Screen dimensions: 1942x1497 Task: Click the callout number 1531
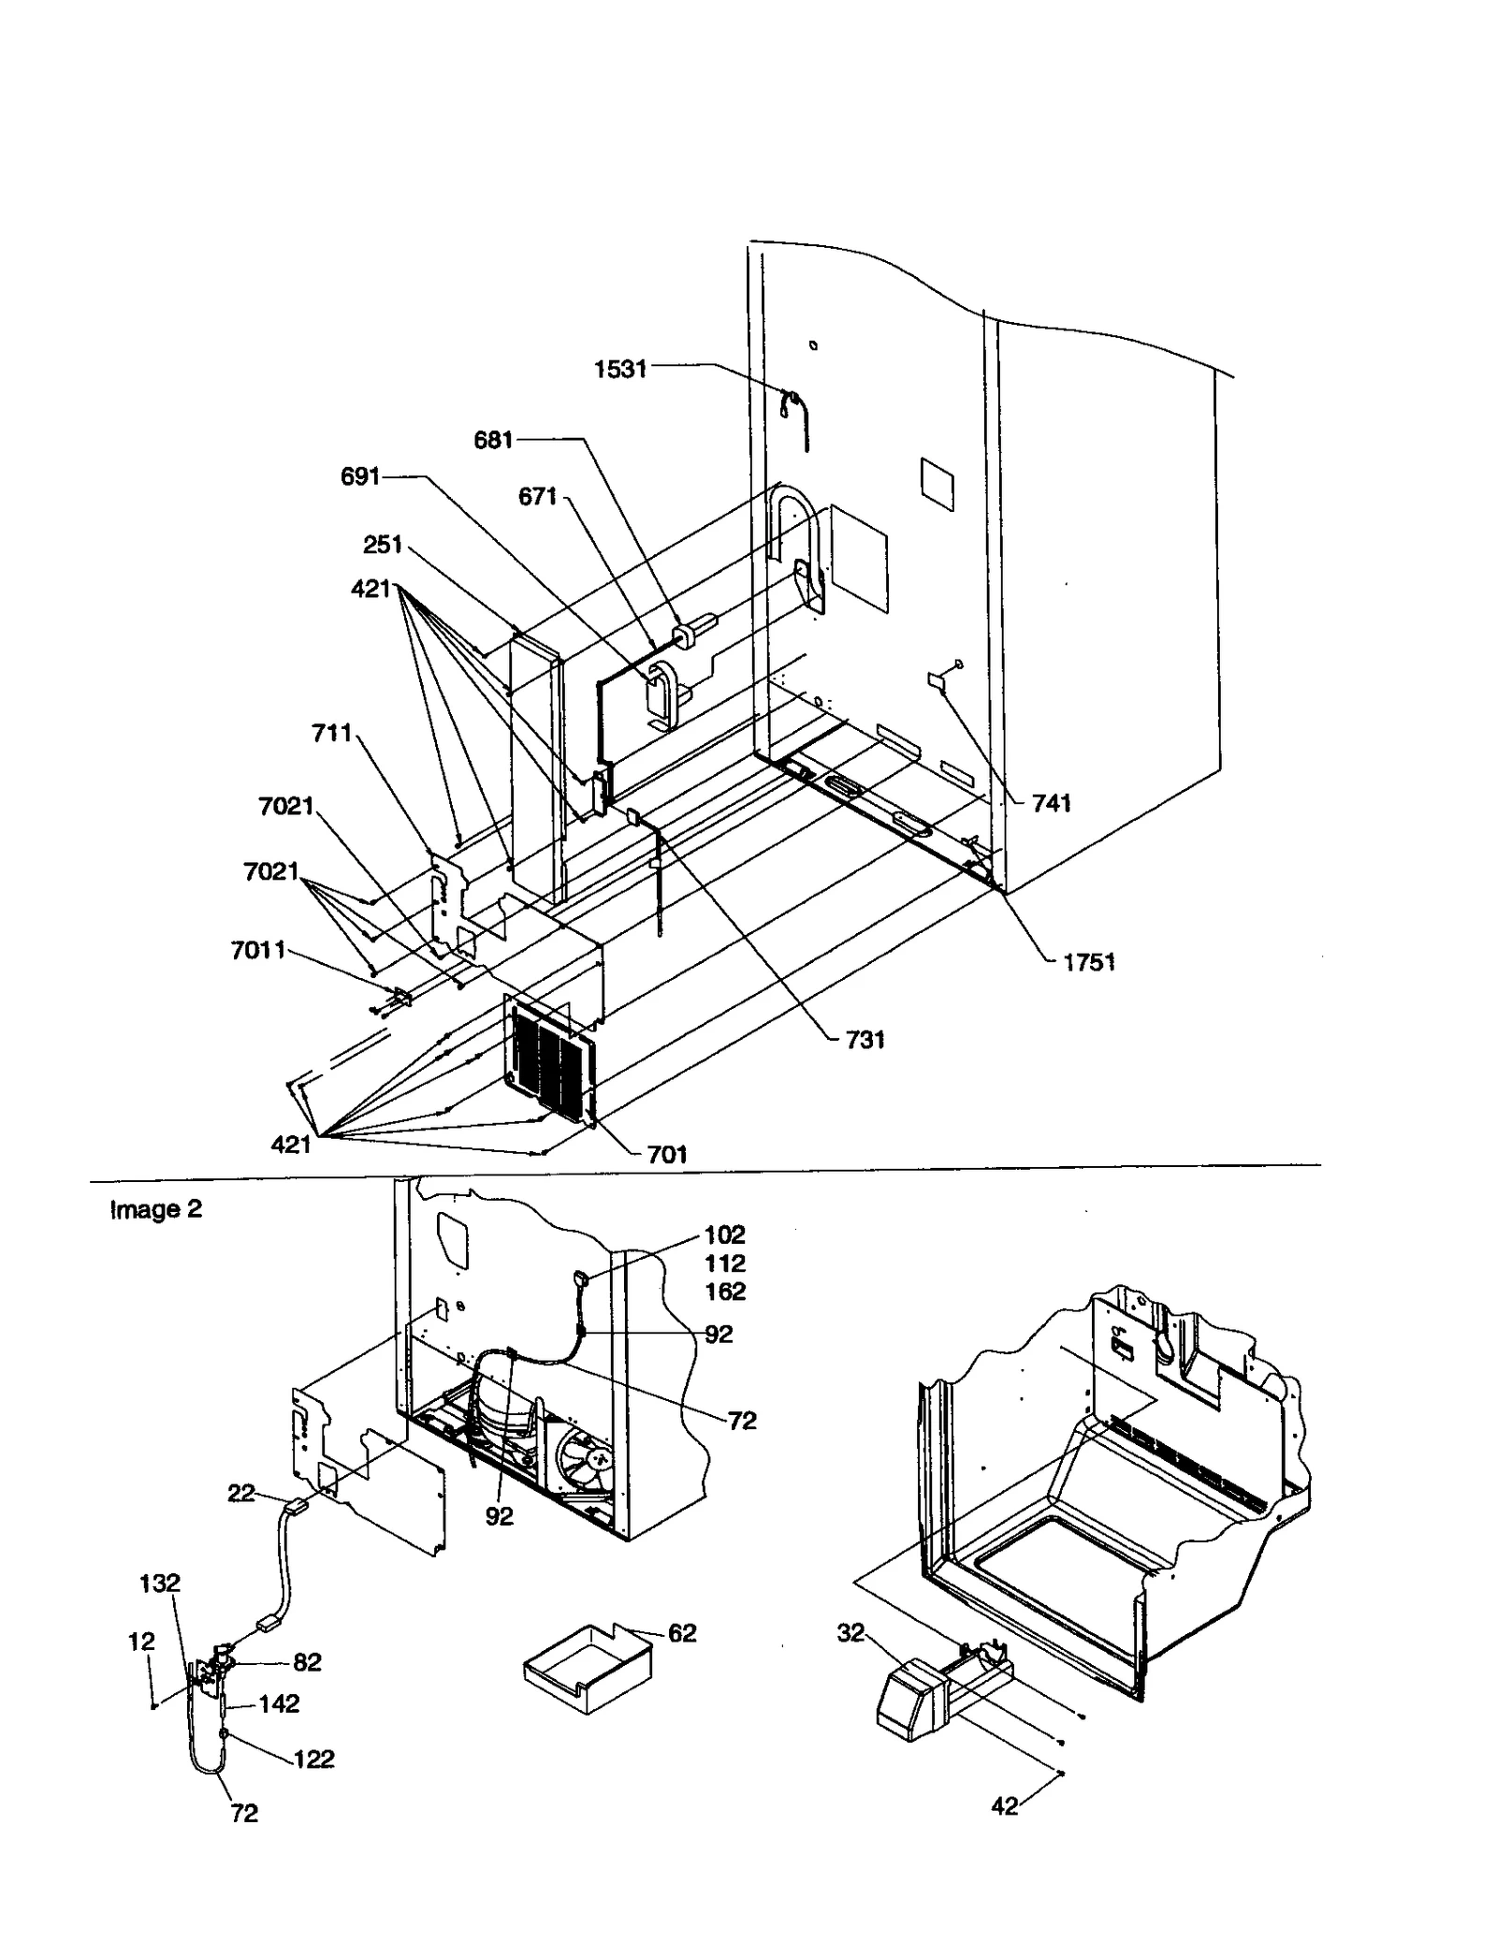coord(620,370)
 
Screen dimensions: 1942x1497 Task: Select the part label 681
coord(493,440)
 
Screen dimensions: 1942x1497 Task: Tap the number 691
coord(359,477)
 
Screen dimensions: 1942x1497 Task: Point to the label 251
coord(382,545)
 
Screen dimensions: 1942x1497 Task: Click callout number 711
coord(331,733)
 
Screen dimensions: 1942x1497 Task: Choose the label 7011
coord(257,952)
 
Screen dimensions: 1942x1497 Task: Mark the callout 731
coord(865,1040)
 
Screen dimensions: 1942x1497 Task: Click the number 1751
coord(1089,963)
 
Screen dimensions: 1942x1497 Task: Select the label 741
coord(1051,803)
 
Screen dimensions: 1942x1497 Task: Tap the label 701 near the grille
coord(667,1155)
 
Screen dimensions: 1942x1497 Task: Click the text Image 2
coord(155,1209)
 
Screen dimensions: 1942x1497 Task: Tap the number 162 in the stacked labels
coord(725,1292)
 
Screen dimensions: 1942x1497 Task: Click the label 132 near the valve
coord(159,1583)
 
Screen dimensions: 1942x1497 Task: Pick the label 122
coord(313,1759)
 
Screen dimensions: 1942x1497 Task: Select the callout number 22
coord(240,1493)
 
